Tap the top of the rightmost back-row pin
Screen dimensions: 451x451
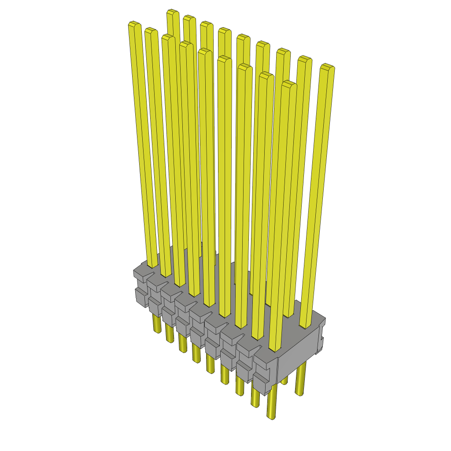pyautogui.click(x=327, y=67)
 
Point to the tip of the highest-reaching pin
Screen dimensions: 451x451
pyautogui.click(x=173, y=12)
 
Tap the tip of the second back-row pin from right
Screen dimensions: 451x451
pyautogui.click(x=304, y=59)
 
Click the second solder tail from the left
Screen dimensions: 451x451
pyautogui.click(x=170, y=334)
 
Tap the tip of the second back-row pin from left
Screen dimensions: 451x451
pyautogui.click(x=189, y=18)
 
